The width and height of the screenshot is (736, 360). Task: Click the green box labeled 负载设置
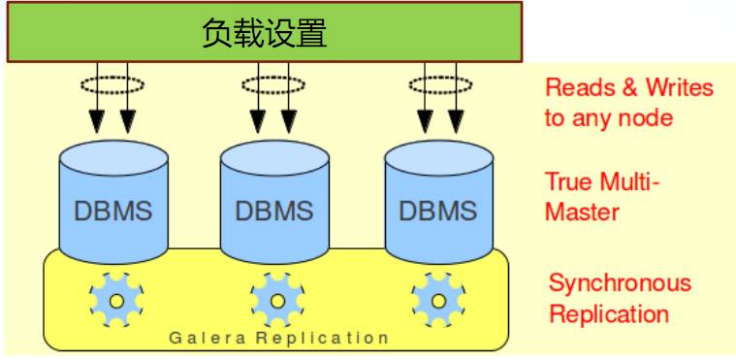point(264,32)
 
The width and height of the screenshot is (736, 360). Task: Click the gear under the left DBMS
point(115,301)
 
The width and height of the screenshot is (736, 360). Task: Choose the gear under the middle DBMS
point(276,301)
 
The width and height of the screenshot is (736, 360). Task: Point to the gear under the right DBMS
point(437,301)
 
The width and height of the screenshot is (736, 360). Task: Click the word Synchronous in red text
point(620,283)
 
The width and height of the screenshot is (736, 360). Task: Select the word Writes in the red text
point(679,88)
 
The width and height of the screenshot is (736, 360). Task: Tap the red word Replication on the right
point(608,314)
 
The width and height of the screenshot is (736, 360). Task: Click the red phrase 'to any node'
point(608,118)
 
